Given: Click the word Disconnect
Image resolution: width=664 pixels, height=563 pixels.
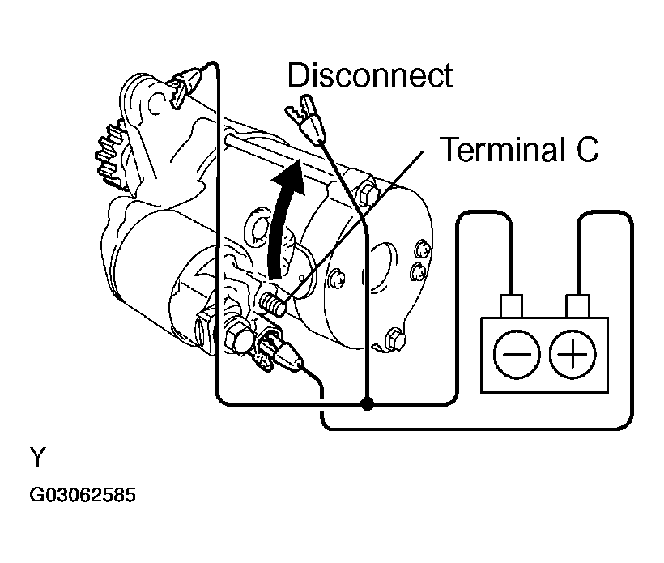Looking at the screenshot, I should [x=370, y=76].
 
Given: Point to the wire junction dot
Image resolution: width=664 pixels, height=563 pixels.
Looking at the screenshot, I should [x=367, y=402].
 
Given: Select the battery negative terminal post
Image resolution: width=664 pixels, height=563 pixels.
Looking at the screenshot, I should [x=511, y=306].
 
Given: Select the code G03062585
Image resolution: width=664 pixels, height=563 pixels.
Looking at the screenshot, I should [x=83, y=494].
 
